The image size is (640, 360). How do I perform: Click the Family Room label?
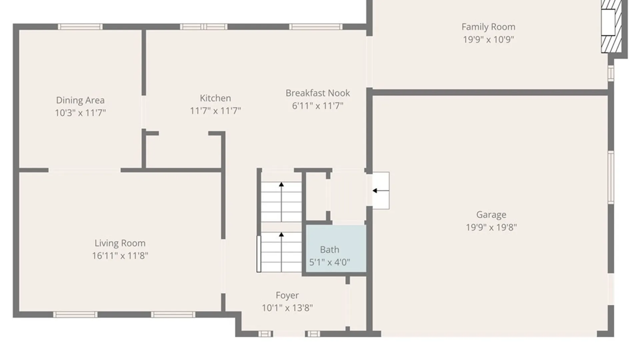coord(488,27)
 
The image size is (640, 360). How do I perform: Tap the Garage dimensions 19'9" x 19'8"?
coord(491,227)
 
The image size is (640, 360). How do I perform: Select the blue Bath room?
coord(336,249)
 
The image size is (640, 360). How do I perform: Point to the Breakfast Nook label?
coord(318,93)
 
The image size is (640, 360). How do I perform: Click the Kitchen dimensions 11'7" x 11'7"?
coord(215,111)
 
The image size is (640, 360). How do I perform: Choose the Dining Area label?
coord(80,100)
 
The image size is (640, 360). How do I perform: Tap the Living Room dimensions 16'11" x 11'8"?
coord(120,256)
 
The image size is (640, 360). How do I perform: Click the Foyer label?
coord(287,295)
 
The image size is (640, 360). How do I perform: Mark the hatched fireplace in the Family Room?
coord(612,26)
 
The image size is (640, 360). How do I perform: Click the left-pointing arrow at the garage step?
coord(381,191)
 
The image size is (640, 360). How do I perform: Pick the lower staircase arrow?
coord(281,252)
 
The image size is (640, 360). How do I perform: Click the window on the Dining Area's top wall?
coord(80,27)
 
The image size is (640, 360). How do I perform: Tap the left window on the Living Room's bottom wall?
coord(75,314)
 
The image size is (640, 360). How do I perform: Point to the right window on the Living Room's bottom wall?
coord(173,314)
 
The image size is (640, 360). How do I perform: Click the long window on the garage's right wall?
coord(611,177)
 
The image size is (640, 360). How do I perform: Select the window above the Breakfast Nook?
coord(316,27)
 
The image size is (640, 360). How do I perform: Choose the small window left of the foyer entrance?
coord(265,334)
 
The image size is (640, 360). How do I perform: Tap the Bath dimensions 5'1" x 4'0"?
coord(330,262)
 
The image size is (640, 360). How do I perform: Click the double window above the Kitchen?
coord(204,27)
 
